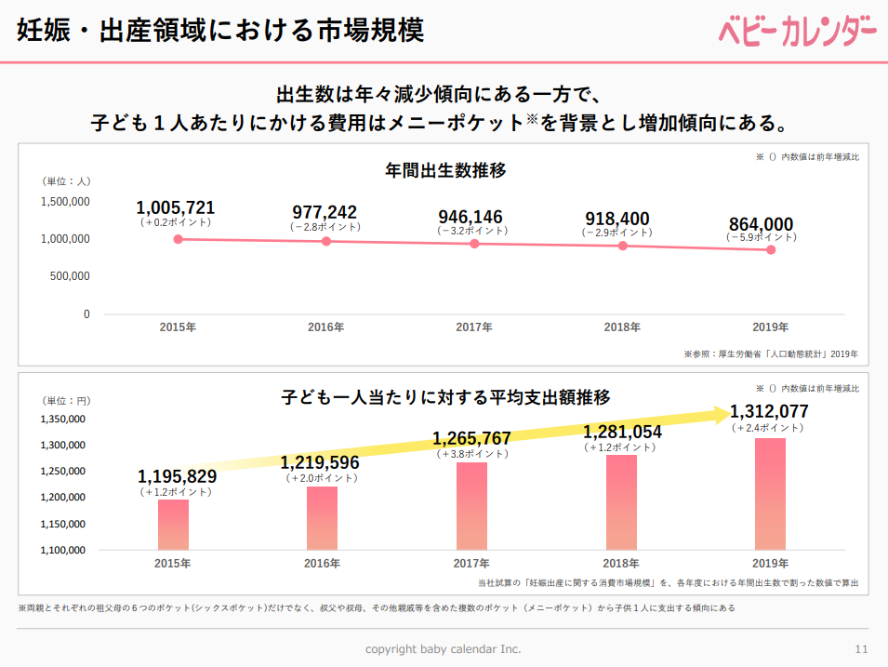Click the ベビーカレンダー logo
click(797, 31)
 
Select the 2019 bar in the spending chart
click(770, 494)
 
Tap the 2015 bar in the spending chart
click(173, 525)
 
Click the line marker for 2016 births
click(326, 242)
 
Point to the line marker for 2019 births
click(771, 250)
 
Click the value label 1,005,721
click(176, 207)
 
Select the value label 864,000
click(761, 223)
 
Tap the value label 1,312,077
click(769, 412)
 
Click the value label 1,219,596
click(320, 462)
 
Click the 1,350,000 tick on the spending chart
click(64, 420)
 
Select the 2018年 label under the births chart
click(622, 327)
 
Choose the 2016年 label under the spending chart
click(322, 564)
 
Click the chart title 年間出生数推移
click(445, 170)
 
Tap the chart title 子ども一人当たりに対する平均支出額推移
click(445, 397)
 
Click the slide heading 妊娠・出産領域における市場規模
click(220, 30)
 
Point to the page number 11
click(861, 648)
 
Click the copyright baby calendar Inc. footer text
click(443, 648)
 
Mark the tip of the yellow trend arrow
click(732, 414)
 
